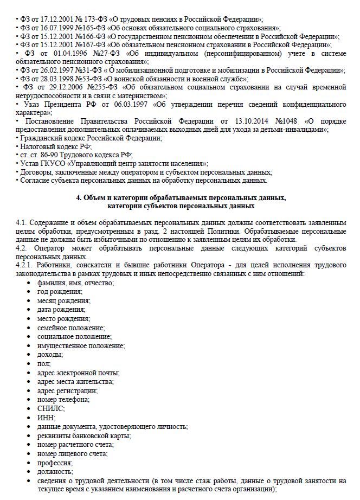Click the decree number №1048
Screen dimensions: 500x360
[x=288, y=121]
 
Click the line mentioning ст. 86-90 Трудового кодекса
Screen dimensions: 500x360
[x=75, y=155]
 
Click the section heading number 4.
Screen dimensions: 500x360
[x=79, y=197]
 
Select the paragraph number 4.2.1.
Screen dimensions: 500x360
[x=26, y=265]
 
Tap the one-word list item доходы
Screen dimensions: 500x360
[x=50, y=354]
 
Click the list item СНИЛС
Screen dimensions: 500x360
[x=51, y=408]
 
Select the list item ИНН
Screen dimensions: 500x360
[x=46, y=417]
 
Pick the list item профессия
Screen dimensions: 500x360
[x=55, y=463]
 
